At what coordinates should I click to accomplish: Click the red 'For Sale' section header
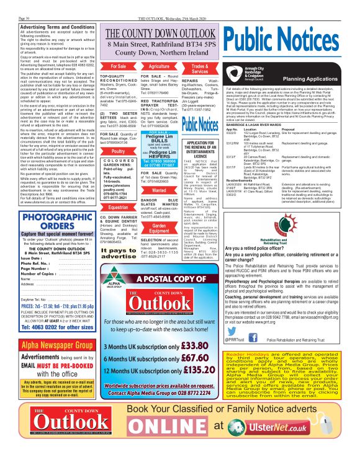click(118, 66)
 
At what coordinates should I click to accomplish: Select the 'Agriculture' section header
click(160, 66)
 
